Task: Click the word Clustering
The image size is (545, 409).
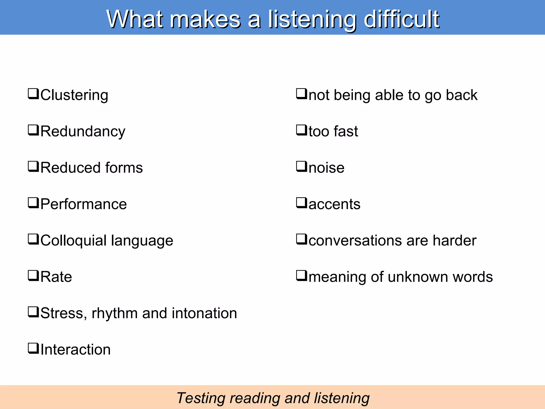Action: point(74,95)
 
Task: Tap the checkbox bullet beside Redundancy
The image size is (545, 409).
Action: point(34,130)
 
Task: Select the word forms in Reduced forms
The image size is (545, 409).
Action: point(124,168)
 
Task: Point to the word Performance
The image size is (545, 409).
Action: point(84,204)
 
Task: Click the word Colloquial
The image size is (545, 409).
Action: point(73,241)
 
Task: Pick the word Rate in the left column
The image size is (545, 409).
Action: point(56,277)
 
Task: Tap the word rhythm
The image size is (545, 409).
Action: point(115,313)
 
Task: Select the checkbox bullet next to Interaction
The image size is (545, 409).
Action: point(34,349)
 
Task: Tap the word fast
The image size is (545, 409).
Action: point(346,131)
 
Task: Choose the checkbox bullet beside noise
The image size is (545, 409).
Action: point(302,167)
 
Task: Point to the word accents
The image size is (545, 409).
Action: point(334,204)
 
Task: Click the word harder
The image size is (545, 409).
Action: point(454,240)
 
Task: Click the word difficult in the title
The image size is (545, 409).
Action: point(401,19)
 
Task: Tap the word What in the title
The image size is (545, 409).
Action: point(135,19)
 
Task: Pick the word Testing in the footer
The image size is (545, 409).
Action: point(201,398)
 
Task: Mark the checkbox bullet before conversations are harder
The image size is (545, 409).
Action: point(302,239)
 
